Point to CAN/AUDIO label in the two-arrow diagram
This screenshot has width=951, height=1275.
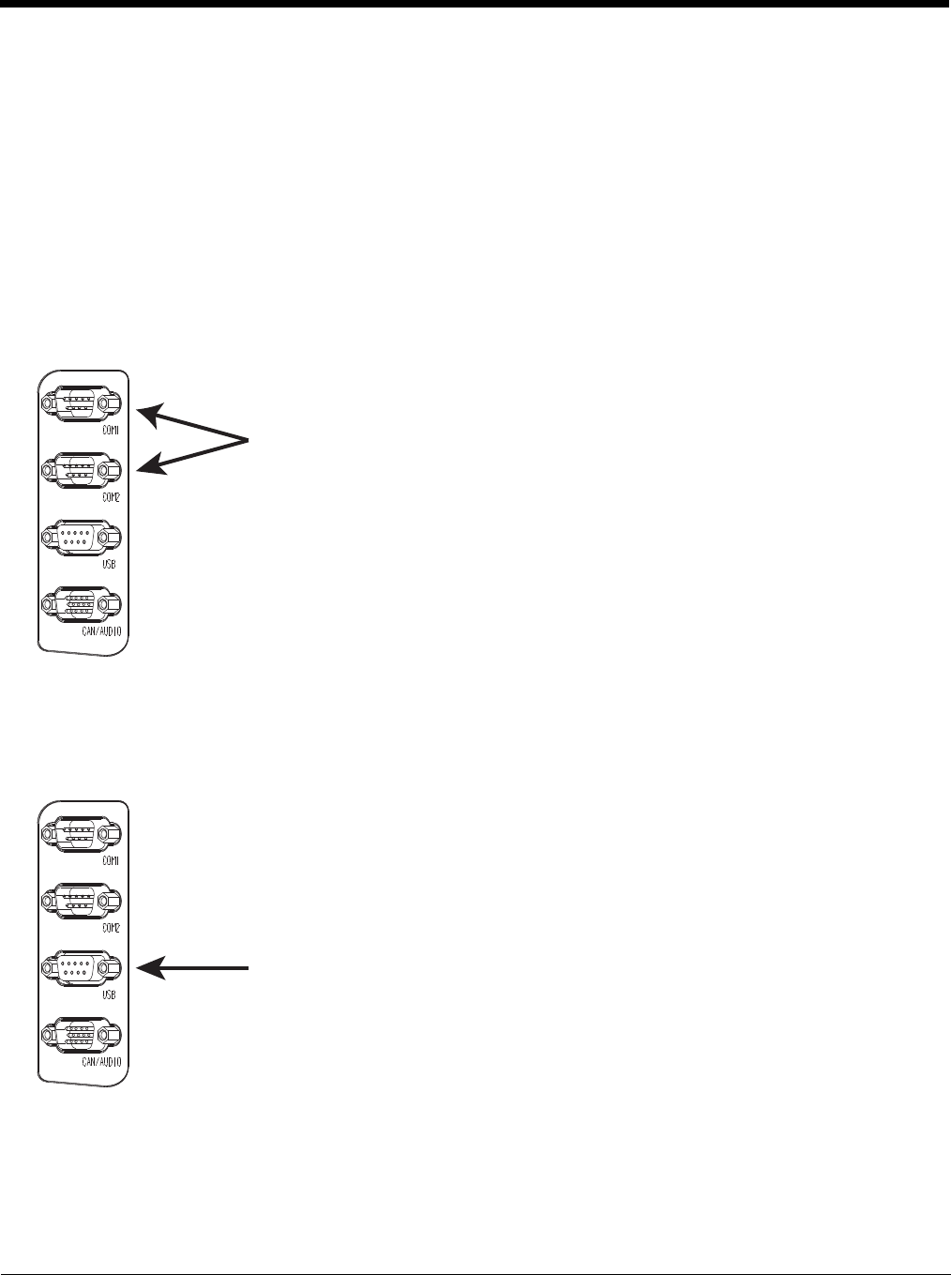(101, 632)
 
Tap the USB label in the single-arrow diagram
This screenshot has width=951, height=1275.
(109, 994)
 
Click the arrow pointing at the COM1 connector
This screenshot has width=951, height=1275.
(192, 424)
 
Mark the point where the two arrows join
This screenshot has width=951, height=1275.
(248, 439)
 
